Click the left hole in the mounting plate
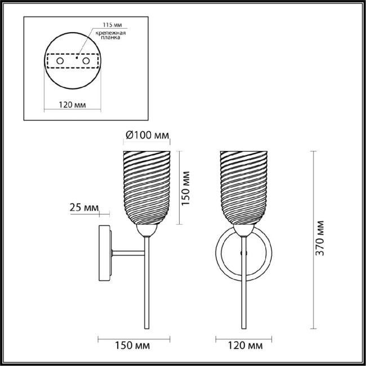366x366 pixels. point(61,60)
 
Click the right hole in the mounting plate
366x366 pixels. point(86,60)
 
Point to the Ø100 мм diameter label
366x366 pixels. point(146,135)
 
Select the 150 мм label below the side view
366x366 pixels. point(134,345)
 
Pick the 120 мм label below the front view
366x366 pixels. point(244,345)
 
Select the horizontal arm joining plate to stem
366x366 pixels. point(130,252)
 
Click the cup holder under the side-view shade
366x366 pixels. point(146,229)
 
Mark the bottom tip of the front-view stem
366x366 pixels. point(244,328)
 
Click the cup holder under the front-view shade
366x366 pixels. point(243,229)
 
